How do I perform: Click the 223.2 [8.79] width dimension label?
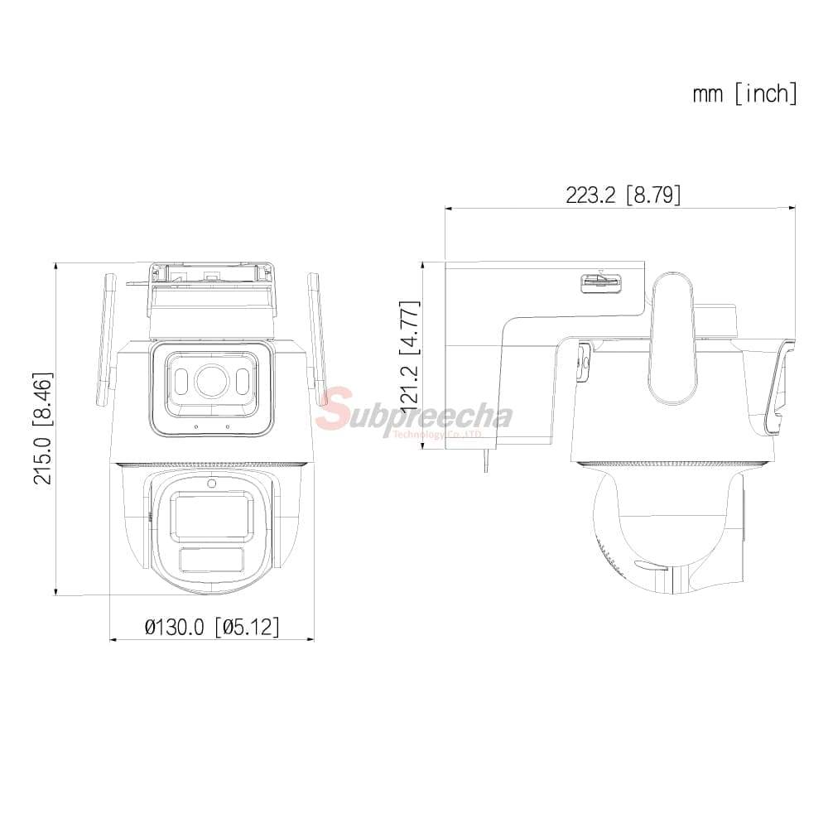tap(623, 195)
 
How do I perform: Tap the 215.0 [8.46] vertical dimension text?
tap(43, 428)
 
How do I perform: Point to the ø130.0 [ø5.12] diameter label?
tap(212, 627)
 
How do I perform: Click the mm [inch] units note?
tap(744, 94)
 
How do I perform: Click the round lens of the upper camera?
tap(212, 380)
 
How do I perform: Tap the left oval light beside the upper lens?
tap(181, 381)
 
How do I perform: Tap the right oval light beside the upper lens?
tap(243, 381)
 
